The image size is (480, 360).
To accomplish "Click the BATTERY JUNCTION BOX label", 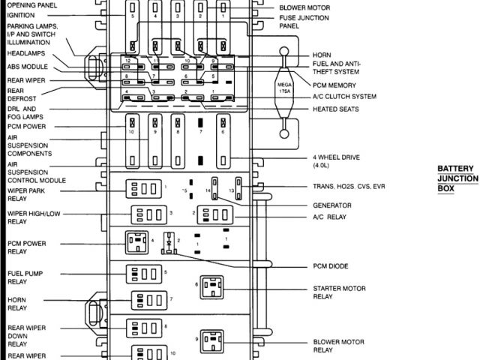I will pyautogui.click(x=457, y=178).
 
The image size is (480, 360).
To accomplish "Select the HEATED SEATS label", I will pyautogui.click(x=334, y=109).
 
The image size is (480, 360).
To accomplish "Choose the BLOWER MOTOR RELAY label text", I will pyautogui.click(x=333, y=346).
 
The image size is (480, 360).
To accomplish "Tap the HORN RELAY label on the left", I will pyautogui.click(x=18, y=302).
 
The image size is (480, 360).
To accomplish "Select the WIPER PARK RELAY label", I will pyautogui.click(x=30, y=196).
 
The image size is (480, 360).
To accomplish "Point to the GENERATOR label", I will pyautogui.click(x=331, y=205).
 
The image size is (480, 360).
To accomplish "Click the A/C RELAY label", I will pyautogui.click(x=331, y=217).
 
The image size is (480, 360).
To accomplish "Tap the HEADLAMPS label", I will pyautogui.click(x=26, y=54).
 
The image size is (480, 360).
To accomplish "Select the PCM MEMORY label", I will pyautogui.click(x=335, y=85).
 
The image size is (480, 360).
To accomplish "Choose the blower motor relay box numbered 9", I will pyautogui.click(x=211, y=340).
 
